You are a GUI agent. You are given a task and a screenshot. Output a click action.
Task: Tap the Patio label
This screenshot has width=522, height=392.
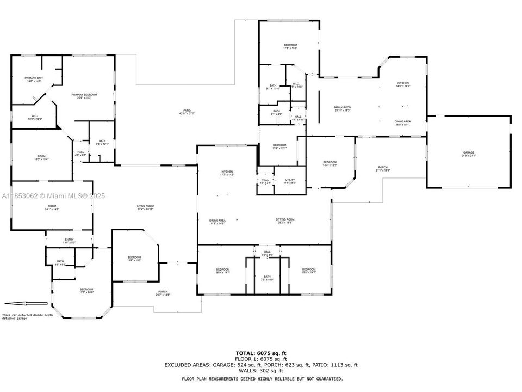pos(187,112)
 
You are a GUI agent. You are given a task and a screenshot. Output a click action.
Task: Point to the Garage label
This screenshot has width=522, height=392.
pos(469,154)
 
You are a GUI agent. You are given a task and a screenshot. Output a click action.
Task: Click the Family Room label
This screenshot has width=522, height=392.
pos(343,109)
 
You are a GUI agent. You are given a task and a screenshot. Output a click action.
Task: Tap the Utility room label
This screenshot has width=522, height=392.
pos(290,181)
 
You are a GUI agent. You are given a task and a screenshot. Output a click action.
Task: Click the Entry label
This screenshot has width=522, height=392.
pos(69,241)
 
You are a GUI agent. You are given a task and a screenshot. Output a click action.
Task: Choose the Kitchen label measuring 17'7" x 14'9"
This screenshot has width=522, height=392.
pos(227,173)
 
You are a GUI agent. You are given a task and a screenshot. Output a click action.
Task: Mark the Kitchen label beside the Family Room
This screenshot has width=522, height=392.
pos(402,84)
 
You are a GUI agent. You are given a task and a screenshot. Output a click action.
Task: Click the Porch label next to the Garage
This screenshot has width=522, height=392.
pos(383,168)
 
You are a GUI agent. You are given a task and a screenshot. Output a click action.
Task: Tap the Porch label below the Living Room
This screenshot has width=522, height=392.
pos(163,293)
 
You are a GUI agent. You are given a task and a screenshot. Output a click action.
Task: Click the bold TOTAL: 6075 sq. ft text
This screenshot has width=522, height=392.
pos(261,353)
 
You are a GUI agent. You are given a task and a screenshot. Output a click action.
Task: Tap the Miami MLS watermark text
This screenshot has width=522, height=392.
pos(53,196)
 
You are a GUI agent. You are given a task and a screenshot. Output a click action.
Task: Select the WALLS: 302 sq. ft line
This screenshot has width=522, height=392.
pos(261,371)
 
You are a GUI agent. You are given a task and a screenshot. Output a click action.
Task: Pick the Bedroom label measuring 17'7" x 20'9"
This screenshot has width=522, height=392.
pos(86,291)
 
